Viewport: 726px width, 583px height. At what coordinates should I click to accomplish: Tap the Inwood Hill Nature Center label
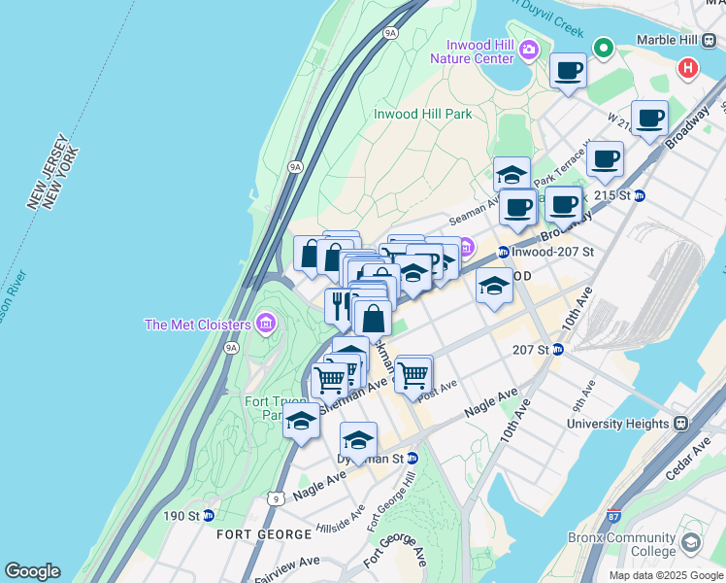[x=479, y=51]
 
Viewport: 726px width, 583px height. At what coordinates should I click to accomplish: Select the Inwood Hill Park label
[x=423, y=114]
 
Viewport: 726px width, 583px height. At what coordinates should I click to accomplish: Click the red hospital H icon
[x=688, y=69]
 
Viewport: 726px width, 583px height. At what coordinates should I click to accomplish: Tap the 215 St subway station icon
[x=640, y=195]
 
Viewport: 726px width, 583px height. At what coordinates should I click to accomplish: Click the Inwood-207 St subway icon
[x=503, y=253]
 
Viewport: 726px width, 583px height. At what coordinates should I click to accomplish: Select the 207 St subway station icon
[x=558, y=349]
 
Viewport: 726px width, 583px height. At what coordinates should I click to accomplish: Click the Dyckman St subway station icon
[x=412, y=458]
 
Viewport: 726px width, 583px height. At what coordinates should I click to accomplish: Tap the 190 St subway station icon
[x=208, y=515]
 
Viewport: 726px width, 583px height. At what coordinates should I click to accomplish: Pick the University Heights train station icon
[x=680, y=424]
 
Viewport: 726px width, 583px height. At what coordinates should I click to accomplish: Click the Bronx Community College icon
[x=691, y=542]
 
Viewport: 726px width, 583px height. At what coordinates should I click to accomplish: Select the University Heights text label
[x=618, y=424]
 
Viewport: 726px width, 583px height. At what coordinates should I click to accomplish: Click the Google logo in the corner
[x=32, y=571]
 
